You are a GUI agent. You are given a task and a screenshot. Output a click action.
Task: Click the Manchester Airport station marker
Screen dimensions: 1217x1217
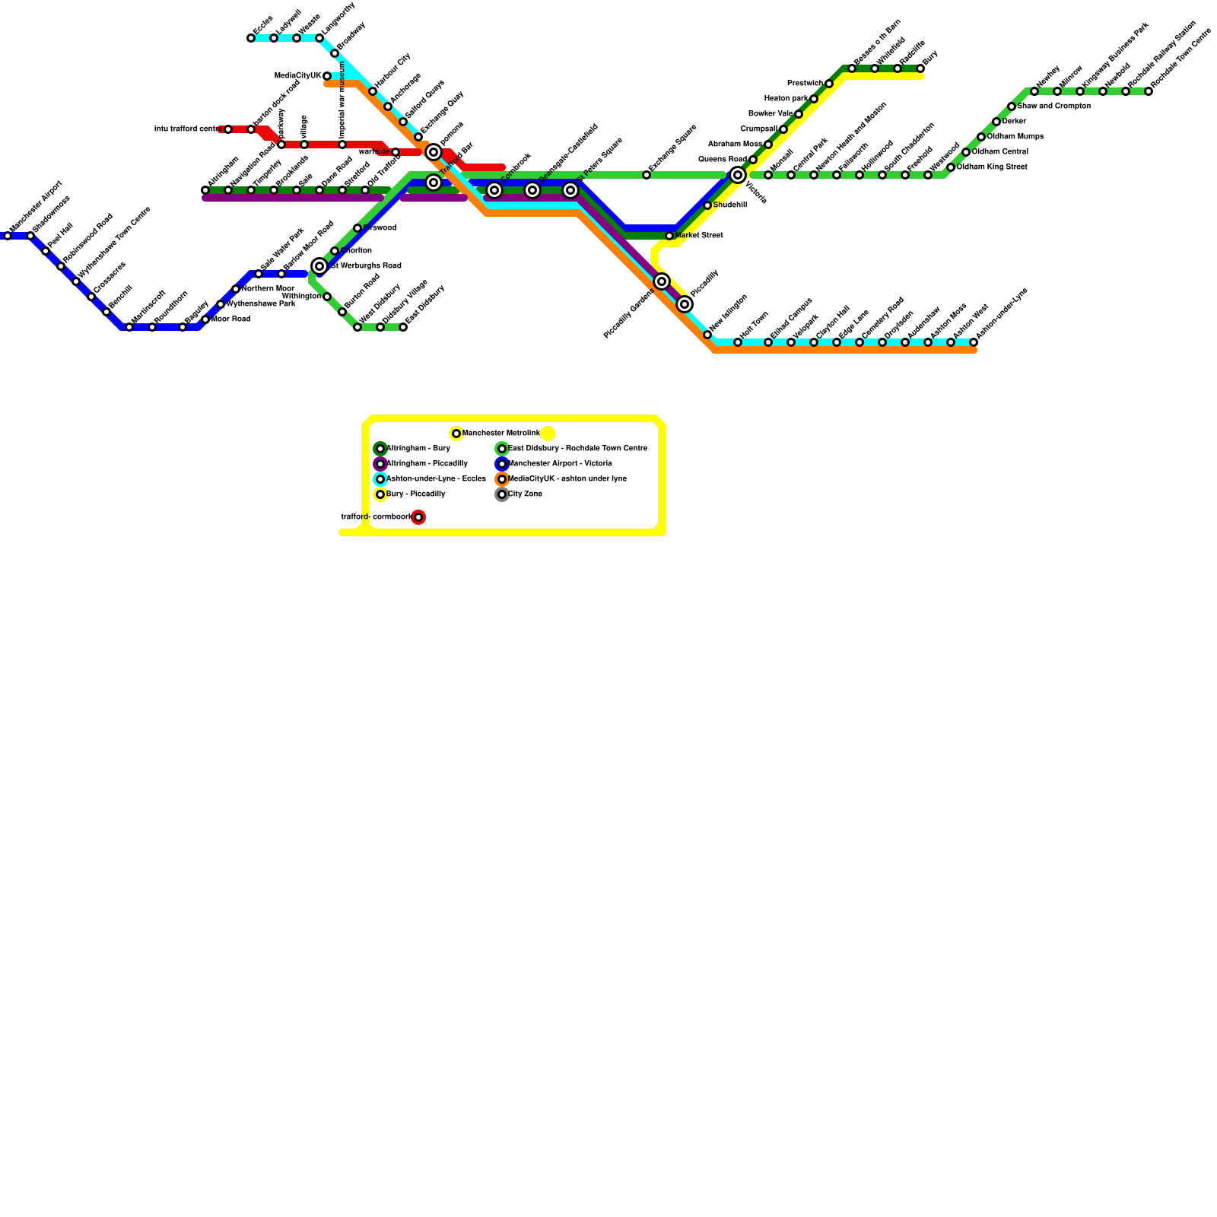(x=8, y=236)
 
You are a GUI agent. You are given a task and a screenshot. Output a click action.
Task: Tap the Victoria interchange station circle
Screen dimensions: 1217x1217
(x=738, y=175)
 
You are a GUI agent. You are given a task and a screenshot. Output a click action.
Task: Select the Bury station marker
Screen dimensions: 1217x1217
(x=920, y=68)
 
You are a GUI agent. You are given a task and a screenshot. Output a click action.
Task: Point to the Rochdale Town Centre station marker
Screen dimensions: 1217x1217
(x=1149, y=91)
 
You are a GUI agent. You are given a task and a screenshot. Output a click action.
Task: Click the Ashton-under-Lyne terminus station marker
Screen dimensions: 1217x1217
(x=974, y=342)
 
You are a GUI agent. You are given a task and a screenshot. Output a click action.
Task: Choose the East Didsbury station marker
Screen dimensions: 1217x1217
(x=403, y=327)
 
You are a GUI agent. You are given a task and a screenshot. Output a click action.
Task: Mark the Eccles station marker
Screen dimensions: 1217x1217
(x=251, y=38)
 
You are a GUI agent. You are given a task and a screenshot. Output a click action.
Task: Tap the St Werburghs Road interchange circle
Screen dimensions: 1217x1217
(x=319, y=266)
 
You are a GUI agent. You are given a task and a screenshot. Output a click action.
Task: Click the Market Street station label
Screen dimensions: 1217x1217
(x=698, y=236)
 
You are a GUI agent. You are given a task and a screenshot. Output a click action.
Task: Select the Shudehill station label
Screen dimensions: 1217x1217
(x=729, y=205)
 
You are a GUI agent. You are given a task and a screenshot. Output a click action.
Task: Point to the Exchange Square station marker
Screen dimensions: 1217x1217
(x=647, y=175)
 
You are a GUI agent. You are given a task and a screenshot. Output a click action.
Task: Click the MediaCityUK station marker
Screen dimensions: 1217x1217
(x=327, y=76)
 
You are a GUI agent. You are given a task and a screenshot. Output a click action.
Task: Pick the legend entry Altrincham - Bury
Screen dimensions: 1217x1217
(x=418, y=449)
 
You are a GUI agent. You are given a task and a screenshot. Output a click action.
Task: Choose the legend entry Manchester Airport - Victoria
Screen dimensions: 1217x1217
(x=560, y=464)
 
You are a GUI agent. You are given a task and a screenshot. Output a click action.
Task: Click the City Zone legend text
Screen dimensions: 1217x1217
(x=525, y=494)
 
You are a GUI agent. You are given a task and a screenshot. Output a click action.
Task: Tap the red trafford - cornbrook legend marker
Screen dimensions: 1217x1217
(x=418, y=517)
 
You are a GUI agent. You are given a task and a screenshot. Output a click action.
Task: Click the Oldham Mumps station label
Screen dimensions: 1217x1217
(x=1015, y=137)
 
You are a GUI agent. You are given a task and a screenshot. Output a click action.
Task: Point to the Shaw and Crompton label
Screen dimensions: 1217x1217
(x=1053, y=106)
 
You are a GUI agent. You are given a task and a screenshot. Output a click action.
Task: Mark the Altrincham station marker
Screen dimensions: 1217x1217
(x=205, y=190)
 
